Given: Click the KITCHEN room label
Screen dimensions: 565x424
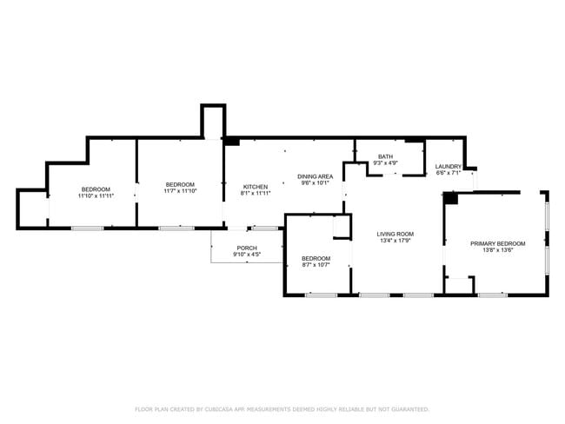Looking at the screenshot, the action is pos(255,187).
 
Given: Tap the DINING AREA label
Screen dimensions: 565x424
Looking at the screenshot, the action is pos(315,176).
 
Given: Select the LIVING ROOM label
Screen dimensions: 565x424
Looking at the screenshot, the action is pos(395,234).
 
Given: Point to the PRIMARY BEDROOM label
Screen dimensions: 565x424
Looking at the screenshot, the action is pos(497,244).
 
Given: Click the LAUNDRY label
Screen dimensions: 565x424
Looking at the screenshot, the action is pos(449,167).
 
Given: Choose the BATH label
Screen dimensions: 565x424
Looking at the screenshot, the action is pos(385,156).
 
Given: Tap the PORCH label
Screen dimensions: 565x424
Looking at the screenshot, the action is pos(247,248).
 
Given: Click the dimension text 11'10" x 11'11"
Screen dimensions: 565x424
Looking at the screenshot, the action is pos(96,196).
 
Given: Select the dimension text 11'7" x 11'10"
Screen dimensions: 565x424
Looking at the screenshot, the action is pos(180,191).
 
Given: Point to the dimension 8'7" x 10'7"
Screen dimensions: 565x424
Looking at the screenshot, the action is pos(316,265).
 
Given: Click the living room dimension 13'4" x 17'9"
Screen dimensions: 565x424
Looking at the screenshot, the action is pos(395,241).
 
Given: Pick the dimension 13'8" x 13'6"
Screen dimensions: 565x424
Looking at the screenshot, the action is pos(497,250).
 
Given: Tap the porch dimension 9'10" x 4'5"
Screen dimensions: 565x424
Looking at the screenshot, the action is pos(247,255).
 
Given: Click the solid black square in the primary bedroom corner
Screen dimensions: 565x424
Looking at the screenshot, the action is pos(450,198).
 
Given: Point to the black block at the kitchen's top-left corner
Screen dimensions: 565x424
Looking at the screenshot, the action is pos(232,142).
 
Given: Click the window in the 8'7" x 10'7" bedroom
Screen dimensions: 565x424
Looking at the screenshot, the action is pos(321,295).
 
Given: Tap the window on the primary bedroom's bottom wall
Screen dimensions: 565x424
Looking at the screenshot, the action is pos(493,295).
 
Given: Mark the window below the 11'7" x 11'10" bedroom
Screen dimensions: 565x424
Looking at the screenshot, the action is pos(176,229).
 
